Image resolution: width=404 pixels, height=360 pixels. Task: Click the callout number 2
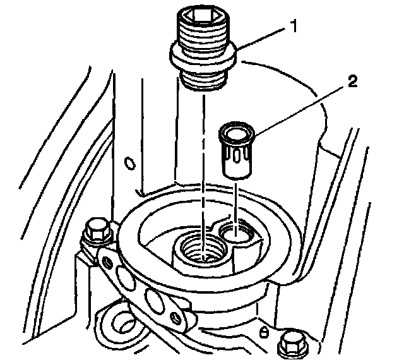coord(352,81)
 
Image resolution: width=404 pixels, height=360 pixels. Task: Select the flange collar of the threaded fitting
coord(203,55)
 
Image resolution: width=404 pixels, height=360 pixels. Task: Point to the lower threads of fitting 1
coord(204,80)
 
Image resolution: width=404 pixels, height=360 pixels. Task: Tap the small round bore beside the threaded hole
coord(236,232)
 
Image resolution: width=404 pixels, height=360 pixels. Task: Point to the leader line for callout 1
coord(261,39)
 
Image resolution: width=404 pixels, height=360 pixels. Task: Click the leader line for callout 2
coord(299,111)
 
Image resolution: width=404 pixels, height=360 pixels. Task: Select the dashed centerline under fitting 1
coord(203,178)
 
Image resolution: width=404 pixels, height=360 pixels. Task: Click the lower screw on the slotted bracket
coord(177,318)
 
